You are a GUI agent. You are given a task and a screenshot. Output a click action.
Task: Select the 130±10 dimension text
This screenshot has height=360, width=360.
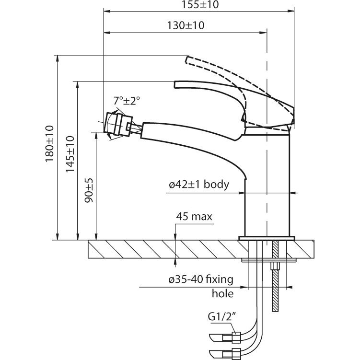click(186, 26)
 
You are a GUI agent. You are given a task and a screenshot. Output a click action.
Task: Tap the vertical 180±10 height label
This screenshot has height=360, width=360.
click(50, 143)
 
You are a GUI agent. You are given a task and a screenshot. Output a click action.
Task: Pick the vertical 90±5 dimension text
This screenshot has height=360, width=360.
click(89, 191)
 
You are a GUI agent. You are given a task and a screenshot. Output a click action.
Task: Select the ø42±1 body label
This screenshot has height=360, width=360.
click(198, 185)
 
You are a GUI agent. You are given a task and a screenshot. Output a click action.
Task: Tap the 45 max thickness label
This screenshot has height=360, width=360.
click(194, 217)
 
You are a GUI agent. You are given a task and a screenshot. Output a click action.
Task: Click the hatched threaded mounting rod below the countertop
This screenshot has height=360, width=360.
click(276, 288)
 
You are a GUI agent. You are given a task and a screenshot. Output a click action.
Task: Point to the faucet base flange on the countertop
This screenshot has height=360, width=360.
click(267, 238)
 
